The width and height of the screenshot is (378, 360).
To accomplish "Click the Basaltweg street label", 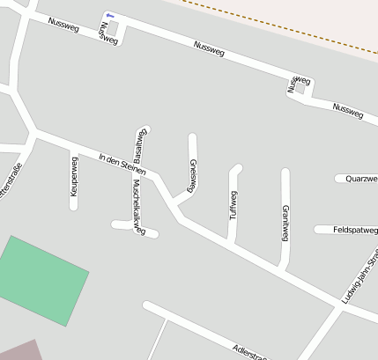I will [138, 143].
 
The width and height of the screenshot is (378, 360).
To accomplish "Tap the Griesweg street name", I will [192, 174].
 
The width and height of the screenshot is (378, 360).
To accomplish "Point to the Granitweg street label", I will [285, 222].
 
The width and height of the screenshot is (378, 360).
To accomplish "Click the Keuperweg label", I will [74, 175].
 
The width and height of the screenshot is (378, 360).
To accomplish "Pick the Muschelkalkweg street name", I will [137, 205].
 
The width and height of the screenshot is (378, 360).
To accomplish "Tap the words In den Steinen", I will [122, 160].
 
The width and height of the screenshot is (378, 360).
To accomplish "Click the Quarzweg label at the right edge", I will [361, 179].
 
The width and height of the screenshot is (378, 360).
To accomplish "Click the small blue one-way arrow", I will [109, 16].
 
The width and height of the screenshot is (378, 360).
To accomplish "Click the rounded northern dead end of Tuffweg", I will [236, 167].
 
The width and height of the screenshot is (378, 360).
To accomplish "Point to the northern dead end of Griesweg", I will [192, 137].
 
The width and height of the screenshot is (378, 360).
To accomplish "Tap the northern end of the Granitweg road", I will [285, 172].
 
